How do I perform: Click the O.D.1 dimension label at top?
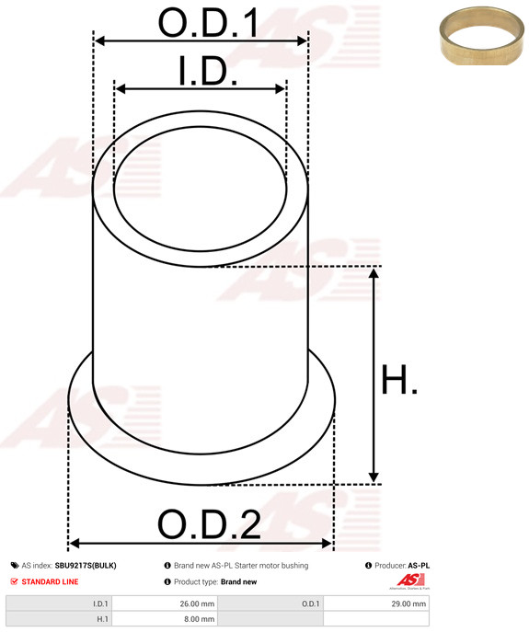[x=208, y=23]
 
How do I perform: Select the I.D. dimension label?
[x=208, y=72]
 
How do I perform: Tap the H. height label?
[x=398, y=379]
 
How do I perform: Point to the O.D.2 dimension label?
[x=209, y=524]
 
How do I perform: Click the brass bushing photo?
[x=481, y=36]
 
